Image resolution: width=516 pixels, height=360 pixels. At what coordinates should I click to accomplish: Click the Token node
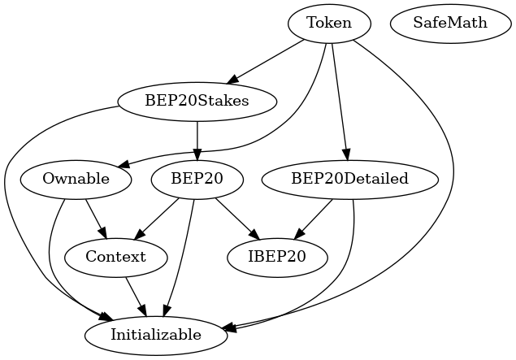click(x=329, y=23)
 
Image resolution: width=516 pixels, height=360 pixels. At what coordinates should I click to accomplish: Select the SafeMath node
click(x=450, y=23)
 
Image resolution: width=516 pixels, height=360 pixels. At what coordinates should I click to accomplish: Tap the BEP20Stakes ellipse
click(x=197, y=101)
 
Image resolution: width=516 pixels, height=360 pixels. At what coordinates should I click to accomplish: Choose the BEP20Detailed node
click(x=349, y=179)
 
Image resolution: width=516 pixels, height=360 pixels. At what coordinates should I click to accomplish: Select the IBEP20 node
click(x=277, y=257)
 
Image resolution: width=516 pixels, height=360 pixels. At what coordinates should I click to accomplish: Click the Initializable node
click(x=156, y=335)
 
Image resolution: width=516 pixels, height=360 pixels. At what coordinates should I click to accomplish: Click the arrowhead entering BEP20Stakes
click(x=232, y=79)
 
